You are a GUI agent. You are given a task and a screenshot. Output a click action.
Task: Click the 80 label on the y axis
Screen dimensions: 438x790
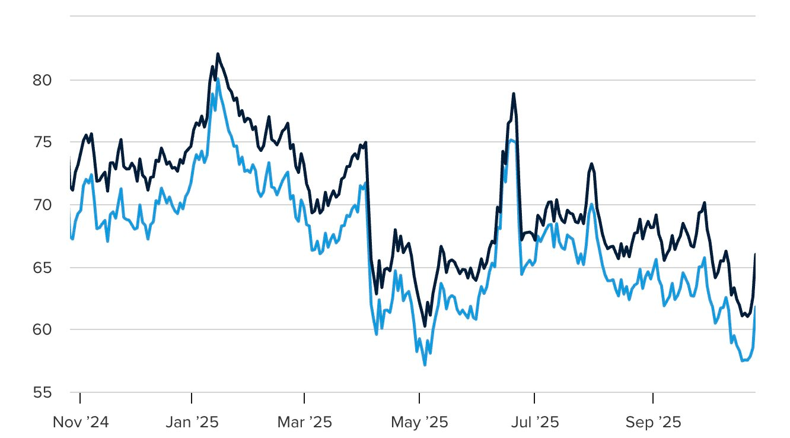tap(42, 80)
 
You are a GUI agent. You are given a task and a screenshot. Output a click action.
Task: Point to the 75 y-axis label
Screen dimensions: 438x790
tap(42, 142)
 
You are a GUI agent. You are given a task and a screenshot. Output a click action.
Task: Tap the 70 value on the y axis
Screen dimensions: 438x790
tap(42, 205)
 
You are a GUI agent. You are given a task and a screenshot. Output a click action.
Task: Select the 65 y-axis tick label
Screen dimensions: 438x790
tap(42, 268)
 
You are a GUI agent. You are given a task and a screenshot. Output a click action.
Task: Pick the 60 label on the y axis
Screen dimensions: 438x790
tap(42, 330)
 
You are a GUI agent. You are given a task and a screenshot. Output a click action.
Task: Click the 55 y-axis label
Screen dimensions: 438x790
tap(42, 392)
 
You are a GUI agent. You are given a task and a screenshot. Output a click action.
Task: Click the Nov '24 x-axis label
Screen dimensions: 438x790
tap(81, 423)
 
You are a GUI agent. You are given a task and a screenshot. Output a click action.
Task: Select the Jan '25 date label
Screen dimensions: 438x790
tap(192, 423)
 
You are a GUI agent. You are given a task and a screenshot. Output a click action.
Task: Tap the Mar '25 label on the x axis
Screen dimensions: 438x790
tap(304, 423)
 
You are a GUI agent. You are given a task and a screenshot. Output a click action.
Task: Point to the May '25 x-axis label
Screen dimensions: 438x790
tap(419, 423)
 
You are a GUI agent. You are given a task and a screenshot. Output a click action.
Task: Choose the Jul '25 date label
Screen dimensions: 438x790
tap(534, 423)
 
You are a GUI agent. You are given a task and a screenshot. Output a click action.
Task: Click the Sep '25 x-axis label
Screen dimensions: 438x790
tap(652, 423)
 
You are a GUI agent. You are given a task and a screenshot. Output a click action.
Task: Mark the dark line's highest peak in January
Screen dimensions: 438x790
tap(218, 54)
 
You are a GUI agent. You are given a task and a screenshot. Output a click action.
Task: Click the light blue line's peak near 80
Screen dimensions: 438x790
tap(218, 79)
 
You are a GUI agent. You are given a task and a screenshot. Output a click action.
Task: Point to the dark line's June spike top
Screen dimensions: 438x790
tap(514, 94)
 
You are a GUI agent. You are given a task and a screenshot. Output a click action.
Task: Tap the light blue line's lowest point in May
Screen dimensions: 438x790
tap(425, 364)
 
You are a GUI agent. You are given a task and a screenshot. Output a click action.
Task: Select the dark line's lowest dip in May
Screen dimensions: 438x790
tap(425, 326)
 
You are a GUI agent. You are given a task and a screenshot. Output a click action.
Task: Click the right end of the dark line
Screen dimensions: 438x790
tap(755, 254)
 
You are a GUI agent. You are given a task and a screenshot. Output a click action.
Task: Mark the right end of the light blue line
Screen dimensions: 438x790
tap(755, 306)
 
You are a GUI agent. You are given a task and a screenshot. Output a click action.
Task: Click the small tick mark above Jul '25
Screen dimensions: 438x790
tap(534, 396)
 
